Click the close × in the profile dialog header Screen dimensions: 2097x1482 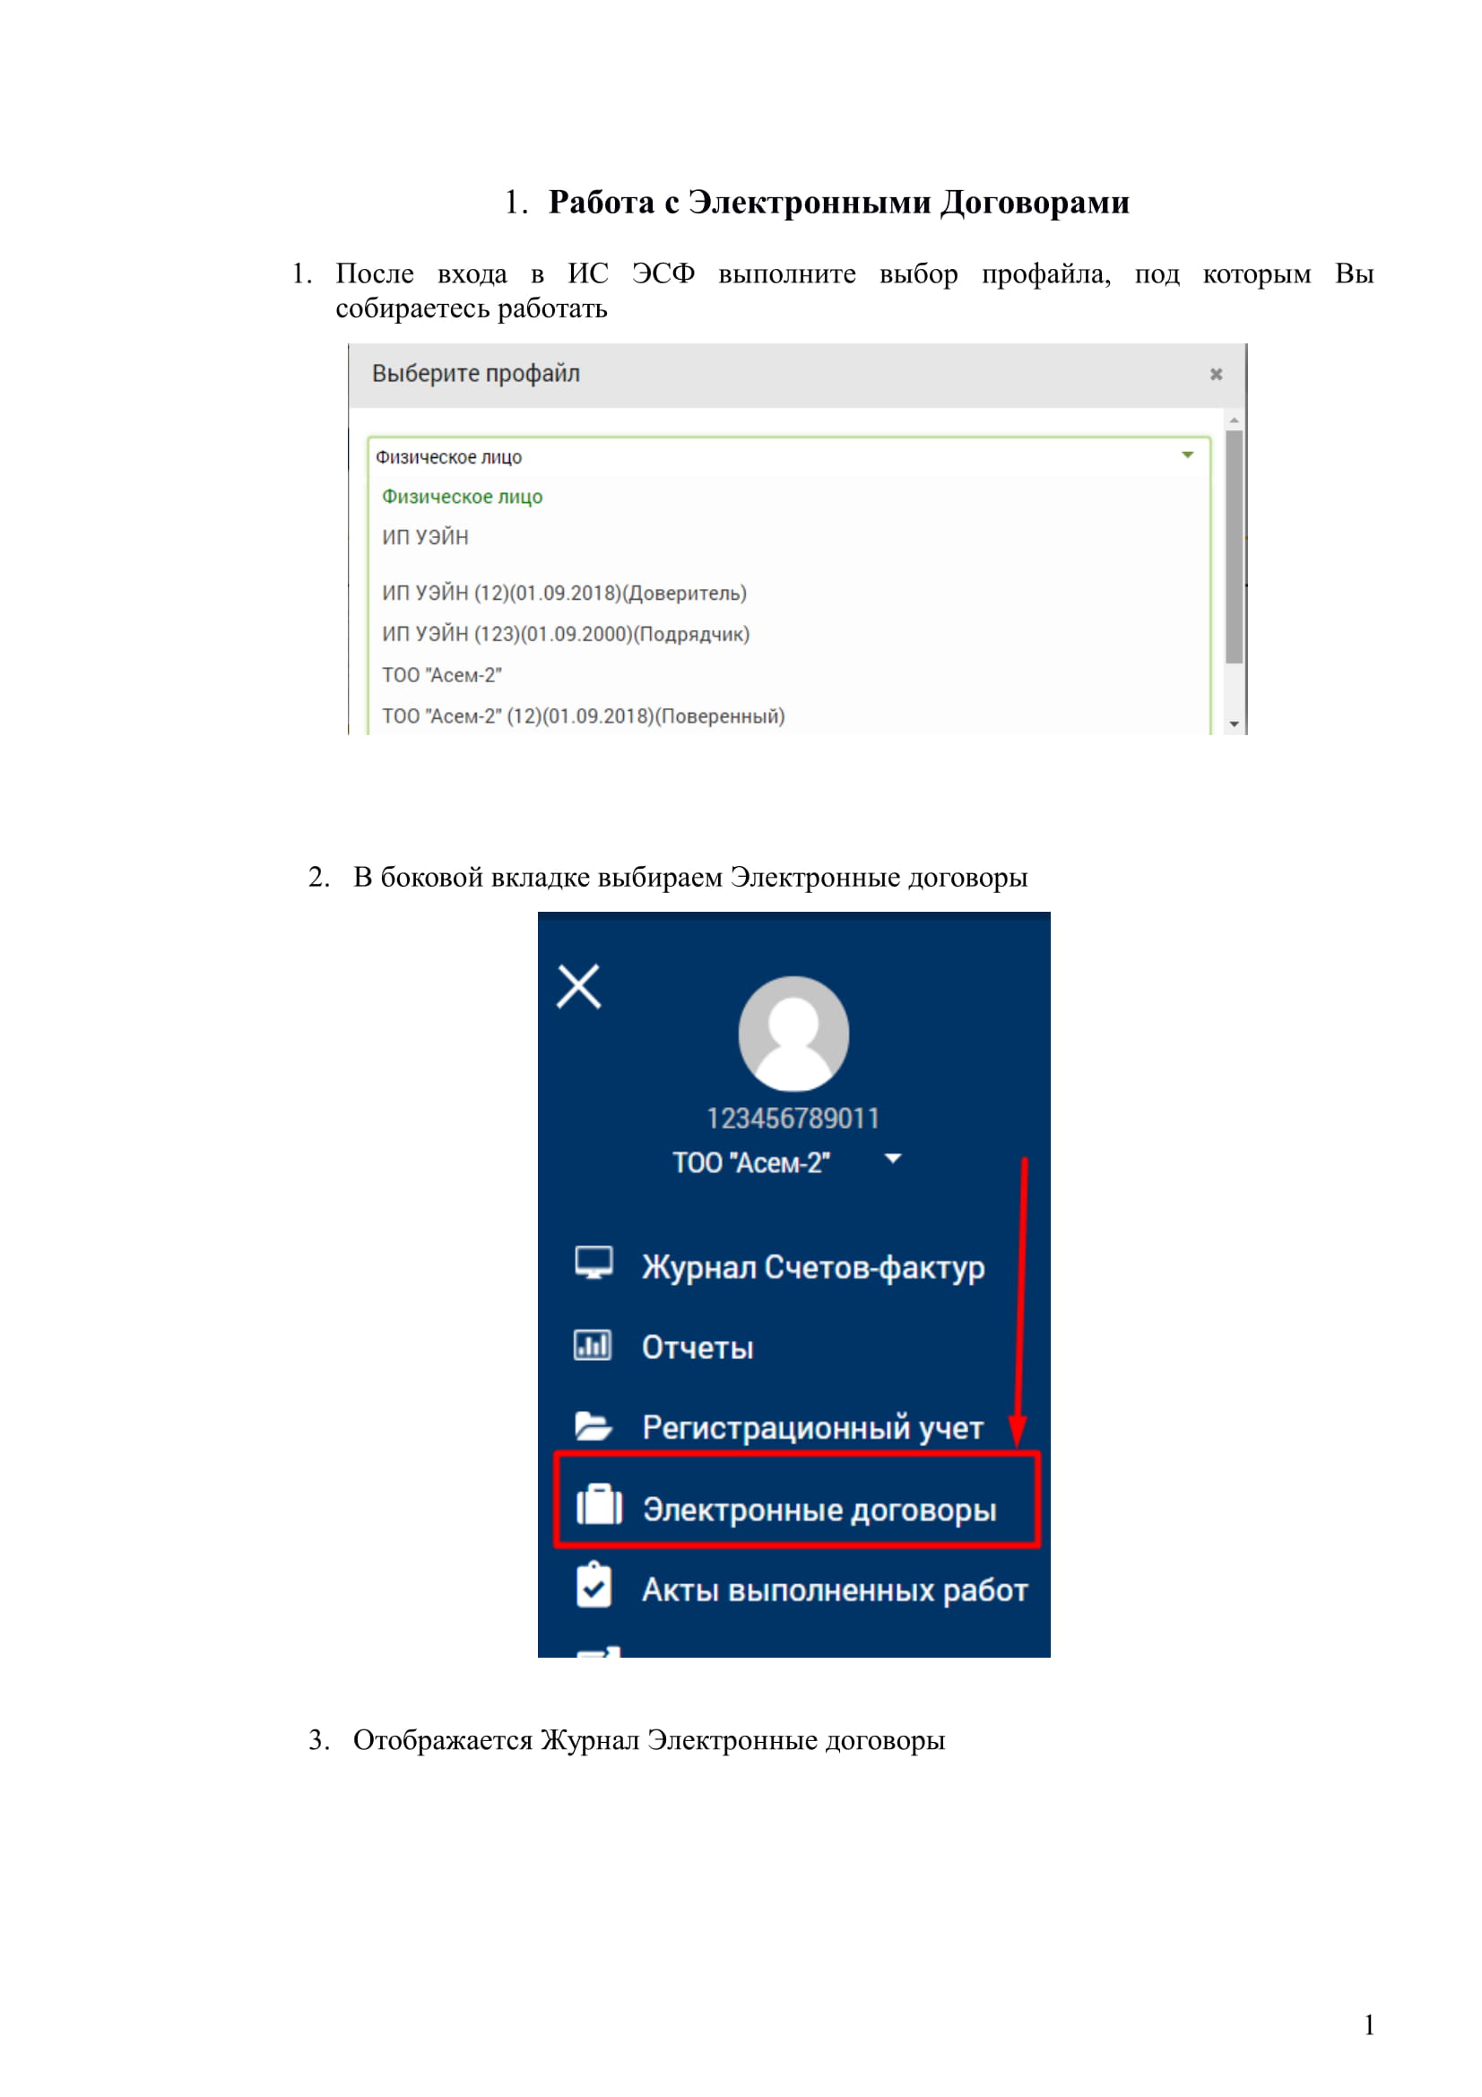(1216, 375)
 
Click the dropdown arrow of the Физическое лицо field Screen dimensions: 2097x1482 (1187, 455)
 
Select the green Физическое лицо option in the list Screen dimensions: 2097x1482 (462, 497)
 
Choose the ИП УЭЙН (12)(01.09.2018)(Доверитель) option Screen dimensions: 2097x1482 (563, 593)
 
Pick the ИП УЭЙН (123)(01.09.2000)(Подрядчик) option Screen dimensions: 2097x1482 (565, 634)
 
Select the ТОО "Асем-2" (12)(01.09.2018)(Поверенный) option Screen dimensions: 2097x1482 (583, 716)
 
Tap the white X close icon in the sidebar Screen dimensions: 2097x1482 (579, 986)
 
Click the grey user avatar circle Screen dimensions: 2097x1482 (793, 1033)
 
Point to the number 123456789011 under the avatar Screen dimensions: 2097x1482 (793, 1118)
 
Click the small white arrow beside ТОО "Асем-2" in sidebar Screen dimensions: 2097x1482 (893, 1159)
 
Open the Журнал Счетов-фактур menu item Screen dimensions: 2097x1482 (812, 1267)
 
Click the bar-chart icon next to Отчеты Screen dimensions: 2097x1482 (593, 1346)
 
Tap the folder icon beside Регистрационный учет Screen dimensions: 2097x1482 (593, 1425)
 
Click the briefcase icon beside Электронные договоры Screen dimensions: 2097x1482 (599, 1505)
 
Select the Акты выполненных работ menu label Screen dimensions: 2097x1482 (835, 1590)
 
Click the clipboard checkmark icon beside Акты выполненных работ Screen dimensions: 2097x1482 (594, 1587)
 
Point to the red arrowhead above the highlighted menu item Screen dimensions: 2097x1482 (1018, 1430)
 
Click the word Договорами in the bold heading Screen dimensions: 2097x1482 (1036, 202)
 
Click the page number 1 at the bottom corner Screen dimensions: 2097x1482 (1369, 2025)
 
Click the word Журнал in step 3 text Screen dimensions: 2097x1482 (589, 1740)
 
